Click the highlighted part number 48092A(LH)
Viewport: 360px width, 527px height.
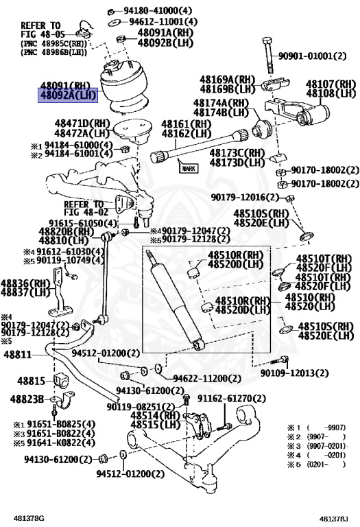coord(67,95)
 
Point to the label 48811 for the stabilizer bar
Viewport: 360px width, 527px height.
coord(17,355)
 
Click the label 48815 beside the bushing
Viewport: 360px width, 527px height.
coord(31,380)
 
